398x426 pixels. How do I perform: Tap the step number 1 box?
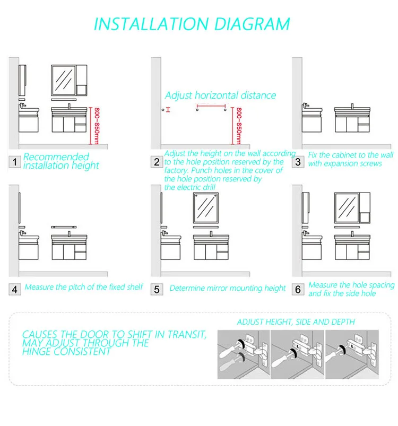(15, 162)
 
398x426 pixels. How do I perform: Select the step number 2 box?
(157, 162)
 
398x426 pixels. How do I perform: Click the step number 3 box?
(298, 162)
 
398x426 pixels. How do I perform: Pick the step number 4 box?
(15, 289)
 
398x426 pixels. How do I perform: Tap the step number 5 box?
(157, 289)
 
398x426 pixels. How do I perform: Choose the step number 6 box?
(298, 289)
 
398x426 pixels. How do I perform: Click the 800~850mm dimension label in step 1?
(97, 126)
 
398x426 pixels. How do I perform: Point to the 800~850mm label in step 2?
(238, 126)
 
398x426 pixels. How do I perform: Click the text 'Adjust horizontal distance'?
(220, 95)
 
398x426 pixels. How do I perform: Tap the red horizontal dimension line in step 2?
(211, 106)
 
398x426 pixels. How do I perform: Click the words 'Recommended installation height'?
(61, 161)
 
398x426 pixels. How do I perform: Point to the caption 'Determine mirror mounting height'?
(227, 288)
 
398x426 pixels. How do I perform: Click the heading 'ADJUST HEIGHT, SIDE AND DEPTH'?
(296, 322)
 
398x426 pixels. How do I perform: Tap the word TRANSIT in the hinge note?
(187, 334)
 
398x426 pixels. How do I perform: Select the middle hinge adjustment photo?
(298, 354)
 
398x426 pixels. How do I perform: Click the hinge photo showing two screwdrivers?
(244, 354)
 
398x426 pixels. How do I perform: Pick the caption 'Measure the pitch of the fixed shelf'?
(84, 287)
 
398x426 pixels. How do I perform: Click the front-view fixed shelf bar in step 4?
(64, 227)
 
